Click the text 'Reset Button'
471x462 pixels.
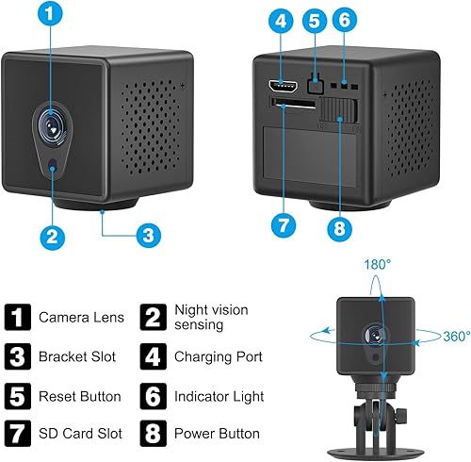point(80,397)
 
